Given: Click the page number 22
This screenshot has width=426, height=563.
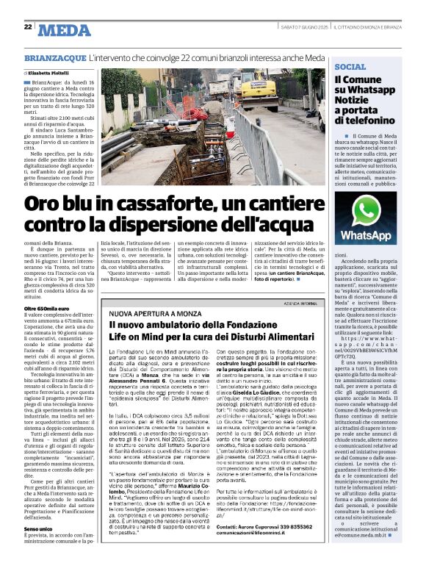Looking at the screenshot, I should point(27,26).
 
